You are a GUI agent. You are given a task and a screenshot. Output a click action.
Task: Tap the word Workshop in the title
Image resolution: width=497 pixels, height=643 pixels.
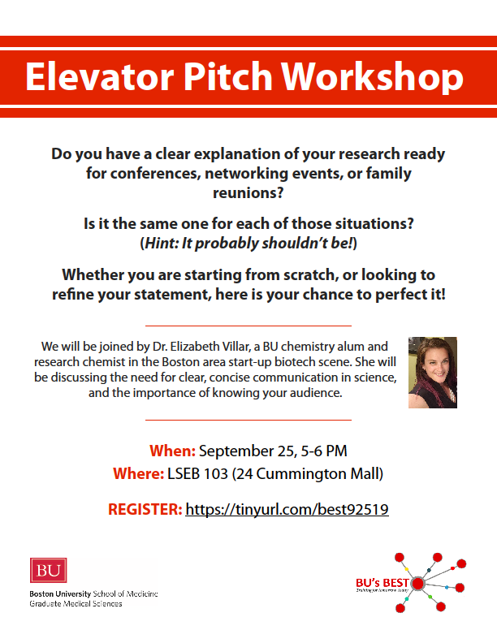click(377, 76)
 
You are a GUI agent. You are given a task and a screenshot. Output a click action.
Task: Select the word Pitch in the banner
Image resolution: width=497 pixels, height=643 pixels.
click(226, 76)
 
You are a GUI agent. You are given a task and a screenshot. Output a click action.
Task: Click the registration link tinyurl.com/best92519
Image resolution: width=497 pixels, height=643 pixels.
click(287, 510)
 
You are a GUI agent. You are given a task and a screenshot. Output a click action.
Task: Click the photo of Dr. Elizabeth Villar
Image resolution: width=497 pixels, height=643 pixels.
click(433, 372)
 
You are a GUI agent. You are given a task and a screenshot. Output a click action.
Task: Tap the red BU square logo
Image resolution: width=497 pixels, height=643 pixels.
click(44, 571)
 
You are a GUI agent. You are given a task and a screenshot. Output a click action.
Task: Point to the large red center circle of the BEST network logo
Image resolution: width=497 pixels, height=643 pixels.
click(418, 583)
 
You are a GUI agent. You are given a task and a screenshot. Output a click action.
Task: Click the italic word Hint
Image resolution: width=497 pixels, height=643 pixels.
click(163, 243)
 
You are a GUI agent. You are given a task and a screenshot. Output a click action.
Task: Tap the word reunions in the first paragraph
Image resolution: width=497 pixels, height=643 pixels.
click(248, 192)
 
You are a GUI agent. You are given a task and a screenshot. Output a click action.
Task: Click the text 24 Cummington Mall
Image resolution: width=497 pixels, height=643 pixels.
click(320, 473)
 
